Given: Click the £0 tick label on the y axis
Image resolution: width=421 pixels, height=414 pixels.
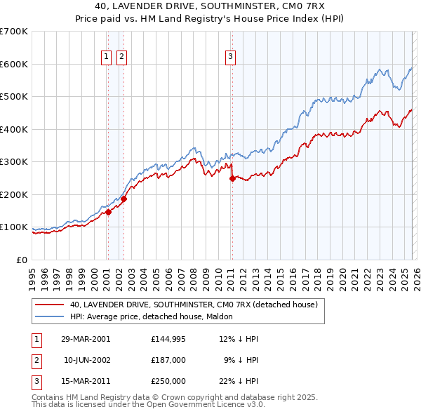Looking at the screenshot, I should (x=22, y=260).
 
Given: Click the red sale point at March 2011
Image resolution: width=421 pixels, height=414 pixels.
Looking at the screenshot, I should (x=232, y=178).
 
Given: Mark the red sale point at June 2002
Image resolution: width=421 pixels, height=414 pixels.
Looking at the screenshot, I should (x=123, y=199).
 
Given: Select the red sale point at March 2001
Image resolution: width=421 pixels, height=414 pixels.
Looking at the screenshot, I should (x=108, y=212).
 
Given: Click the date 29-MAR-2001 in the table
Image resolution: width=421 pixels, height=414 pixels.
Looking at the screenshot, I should (x=86, y=339).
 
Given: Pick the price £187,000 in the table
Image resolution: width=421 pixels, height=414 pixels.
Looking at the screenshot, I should (x=168, y=360).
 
